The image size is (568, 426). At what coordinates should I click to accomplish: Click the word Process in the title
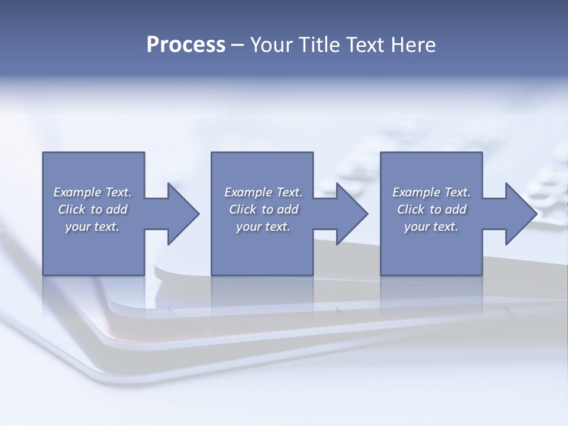click(x=186, y=45)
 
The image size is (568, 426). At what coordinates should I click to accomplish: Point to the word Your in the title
click(x=273, y=45)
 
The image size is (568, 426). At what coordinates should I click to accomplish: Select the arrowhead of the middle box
click(x=350, y=214)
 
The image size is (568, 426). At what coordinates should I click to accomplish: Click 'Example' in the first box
click(x=78, y=192)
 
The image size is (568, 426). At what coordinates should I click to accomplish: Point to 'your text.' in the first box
click(x=92, y=227)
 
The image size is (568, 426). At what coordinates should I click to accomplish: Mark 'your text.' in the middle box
click(x=263, y=227)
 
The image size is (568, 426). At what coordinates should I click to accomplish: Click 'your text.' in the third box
click(x=431, y=227)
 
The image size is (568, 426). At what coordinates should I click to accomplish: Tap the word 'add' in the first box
click(x=117, y=209)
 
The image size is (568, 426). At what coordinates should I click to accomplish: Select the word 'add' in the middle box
click(x=288, y=209)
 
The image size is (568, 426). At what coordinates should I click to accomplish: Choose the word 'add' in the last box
click(x=456, y=209)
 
